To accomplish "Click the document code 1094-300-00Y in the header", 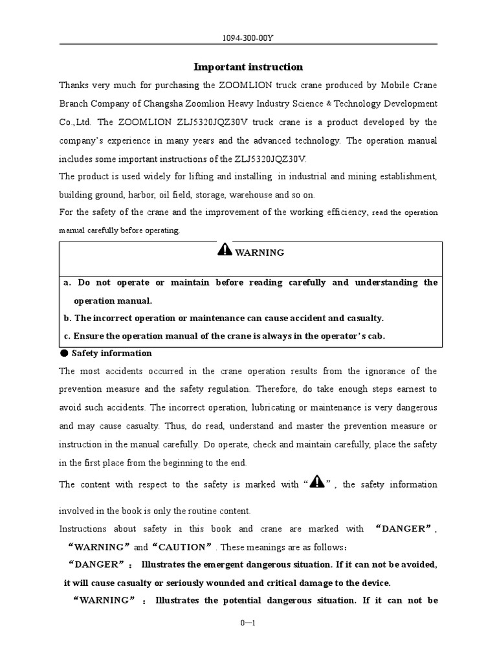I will tap(248, 38).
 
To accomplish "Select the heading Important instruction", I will tap(248, 67).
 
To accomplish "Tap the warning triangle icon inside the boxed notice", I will tap(225, 250).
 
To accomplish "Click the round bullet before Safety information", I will tap(63, 353).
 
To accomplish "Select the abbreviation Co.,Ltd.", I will tap(76, 122).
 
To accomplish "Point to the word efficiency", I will tap(344, 212).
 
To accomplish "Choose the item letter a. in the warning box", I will tap(67, 282).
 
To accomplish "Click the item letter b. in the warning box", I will tap(67, 318).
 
